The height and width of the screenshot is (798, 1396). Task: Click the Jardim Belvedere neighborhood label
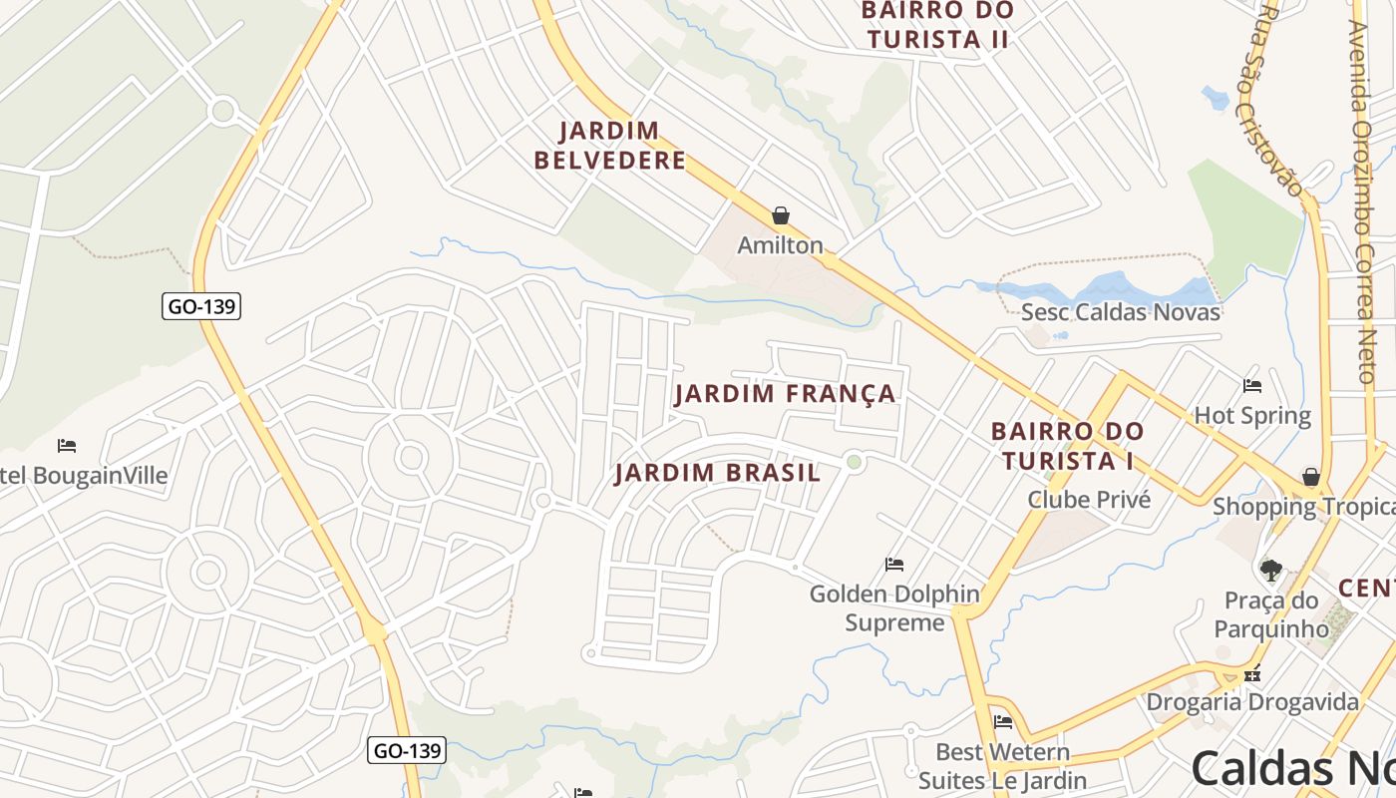(609, 146)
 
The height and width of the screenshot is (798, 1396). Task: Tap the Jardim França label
(786, 394)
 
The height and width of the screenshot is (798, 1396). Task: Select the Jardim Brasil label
(718, 473)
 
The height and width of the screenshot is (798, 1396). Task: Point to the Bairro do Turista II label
(937, 25)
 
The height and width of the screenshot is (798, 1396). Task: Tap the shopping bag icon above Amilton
(781, 215)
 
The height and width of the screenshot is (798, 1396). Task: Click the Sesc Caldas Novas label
(1120, 312)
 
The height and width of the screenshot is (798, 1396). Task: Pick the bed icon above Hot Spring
(1252, 385)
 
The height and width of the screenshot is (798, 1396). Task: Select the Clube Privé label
(1089, 499)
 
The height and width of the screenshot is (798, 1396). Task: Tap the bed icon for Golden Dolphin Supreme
(894, 565)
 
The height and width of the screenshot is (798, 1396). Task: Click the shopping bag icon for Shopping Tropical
(1311, 477)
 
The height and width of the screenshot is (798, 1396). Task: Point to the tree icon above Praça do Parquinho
(1270, 571)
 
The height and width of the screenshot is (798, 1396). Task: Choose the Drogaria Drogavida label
(1251, 701)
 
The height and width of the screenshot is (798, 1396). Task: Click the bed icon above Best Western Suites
(1003, 722)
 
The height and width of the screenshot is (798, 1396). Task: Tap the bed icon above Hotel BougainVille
(67, 445)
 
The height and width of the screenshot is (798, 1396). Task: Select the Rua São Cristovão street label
(1281, 100)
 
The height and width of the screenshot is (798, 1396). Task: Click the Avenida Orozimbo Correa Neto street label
(1363, 199)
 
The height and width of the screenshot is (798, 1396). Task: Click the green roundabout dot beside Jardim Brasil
(854, 461)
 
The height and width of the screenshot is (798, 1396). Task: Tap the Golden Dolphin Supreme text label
(894, 608)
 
